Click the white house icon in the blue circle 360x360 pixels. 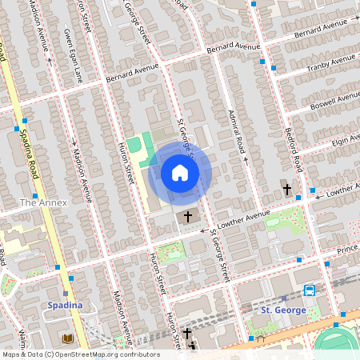pyautogui.click(x=180, y=173)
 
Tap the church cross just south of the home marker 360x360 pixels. pyautogui.click(x=189, y=216)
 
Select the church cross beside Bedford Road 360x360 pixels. pyautogui.click(x=286, y=190)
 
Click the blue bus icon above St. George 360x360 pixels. pyautogui.click(x=309, y=290)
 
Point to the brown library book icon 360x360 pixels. pyautogui.click(x=66, y=339)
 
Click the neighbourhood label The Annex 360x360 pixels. pyautogui.click(x=43, y=202)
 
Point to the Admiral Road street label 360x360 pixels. pyautogui.click(x=237, y=133)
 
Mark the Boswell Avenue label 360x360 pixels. pyautogui.click(x=337, y=102)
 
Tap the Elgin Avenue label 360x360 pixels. pyautogui.click(x=344, y=140)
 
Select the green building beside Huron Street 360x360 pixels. pyautogui.click(x=135, y=148)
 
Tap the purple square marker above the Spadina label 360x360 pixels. pyautogui.click(x=70, y=278)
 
